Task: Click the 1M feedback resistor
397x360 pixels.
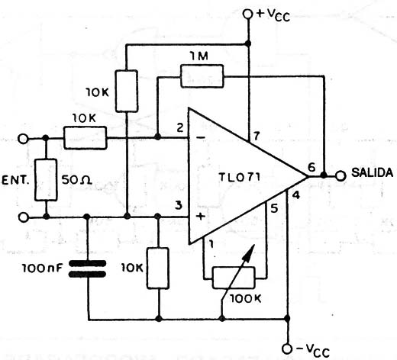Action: (202, 76)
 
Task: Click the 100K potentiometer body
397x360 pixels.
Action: (238, 276)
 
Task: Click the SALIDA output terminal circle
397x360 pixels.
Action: (341, 175)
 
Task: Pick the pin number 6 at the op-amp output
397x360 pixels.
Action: (311, 165)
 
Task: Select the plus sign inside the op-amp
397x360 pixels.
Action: (202, 217)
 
